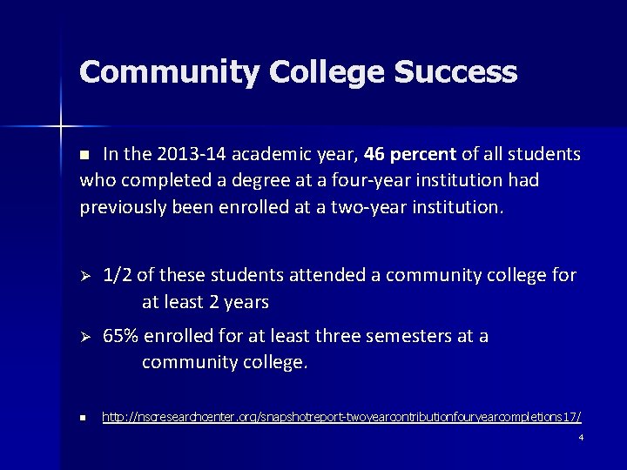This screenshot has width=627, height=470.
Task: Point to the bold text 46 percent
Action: point(410,155)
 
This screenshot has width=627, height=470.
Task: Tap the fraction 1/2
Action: point(117,276)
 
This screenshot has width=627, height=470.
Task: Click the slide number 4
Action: point(581,437)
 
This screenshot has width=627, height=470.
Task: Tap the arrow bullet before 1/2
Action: point(85,276)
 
